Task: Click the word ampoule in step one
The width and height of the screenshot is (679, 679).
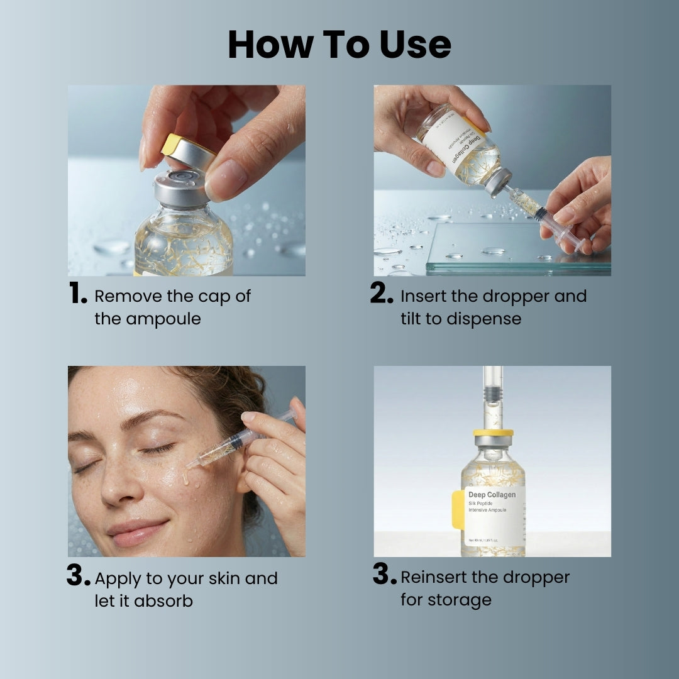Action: click(x=163, y=319)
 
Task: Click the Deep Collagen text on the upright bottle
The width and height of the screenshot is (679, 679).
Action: click(x=492, y=495)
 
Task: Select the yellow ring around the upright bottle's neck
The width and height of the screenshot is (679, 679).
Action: click(x=493, y=433)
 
